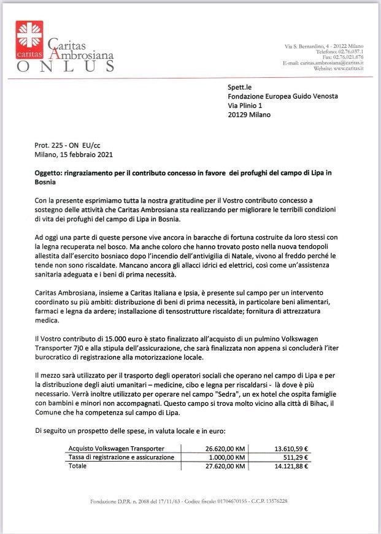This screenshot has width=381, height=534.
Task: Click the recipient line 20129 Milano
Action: (x=252, y=114)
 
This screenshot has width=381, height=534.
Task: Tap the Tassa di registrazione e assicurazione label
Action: (x=121, y=457)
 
